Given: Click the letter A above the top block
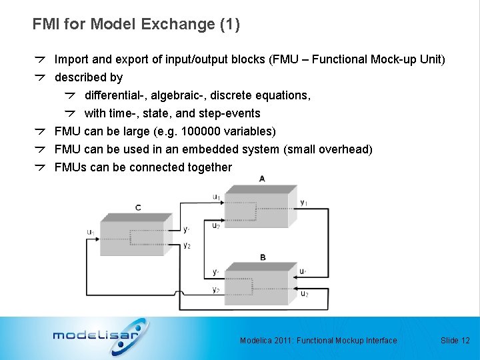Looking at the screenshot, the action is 261,179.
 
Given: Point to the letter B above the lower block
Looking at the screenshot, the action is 263,257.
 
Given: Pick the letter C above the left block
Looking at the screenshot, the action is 138,208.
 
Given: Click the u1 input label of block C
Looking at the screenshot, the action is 91,232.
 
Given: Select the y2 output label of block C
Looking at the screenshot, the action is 187,245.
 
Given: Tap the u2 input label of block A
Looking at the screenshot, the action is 216,225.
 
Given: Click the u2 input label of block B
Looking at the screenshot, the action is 304,293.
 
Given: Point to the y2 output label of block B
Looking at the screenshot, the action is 215,289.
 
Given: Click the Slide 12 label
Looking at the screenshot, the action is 455,341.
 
